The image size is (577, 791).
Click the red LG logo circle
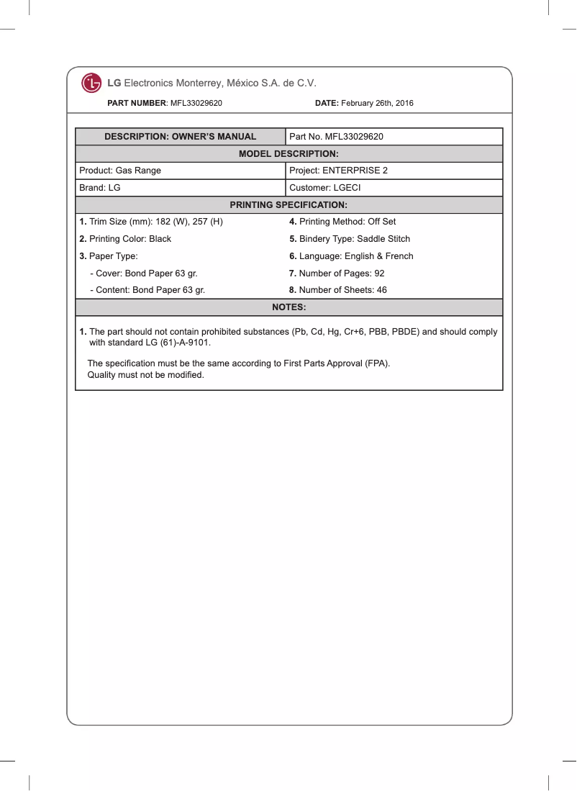coord(91,83)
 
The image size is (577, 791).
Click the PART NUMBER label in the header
coord(137,104)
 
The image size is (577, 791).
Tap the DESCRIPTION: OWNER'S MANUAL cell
coord(180,137)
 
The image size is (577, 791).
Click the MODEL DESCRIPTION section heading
coord(288,154)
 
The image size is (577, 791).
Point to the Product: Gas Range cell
coord(120,171)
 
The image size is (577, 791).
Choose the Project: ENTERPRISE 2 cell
coord(338,171)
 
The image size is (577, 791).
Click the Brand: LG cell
coord(99,188)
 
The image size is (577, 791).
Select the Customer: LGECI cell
coord(324,188)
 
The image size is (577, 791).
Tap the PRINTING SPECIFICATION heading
coord(288,205)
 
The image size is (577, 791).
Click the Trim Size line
coord(151,222)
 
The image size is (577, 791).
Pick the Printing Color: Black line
coord(125,239)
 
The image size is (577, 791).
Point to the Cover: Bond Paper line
coord(143,274)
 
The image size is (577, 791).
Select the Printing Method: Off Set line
coord(342,222)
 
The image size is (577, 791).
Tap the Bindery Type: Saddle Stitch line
coord(350,239)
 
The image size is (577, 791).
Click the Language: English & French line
coord(351,256)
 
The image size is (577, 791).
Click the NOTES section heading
coord(288,308)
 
